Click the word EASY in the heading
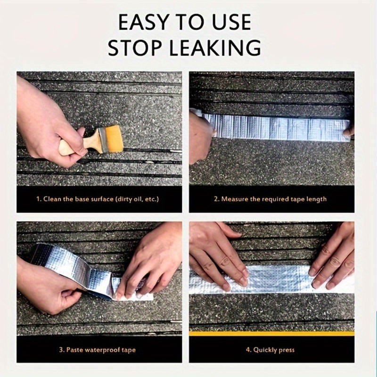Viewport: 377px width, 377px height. tap(143, 22)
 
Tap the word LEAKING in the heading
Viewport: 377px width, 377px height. tap(215, 48)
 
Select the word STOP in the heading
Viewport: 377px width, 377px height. tap(135, 48)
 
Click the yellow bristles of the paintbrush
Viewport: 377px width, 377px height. tap(114, 139)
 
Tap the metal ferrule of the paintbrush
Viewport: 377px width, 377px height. tap(103, 140)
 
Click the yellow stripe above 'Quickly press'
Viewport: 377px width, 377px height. tap(271, 334)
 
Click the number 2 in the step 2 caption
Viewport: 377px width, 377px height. tap(216, 199)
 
